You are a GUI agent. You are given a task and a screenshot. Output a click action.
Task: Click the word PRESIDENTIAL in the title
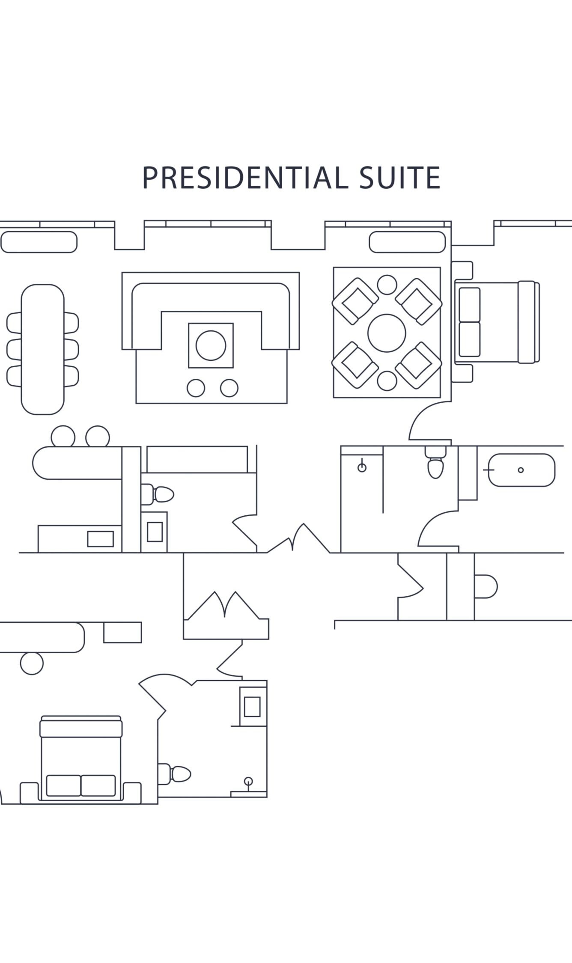tap(243, 178)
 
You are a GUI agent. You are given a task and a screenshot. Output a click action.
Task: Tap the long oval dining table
tap(42, 349)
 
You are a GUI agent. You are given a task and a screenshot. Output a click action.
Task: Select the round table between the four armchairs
tap(387, 333)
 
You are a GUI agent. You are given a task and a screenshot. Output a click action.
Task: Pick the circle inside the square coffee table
tap(211, 345)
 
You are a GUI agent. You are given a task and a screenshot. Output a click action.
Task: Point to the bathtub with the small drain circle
tap(521, 470)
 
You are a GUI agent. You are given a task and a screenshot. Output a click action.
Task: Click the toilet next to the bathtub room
tap(435, 462)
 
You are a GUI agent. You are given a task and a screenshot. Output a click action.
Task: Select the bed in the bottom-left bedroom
tap(81, 758)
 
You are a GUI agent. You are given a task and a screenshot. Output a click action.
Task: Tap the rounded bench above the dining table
tap(39, 242)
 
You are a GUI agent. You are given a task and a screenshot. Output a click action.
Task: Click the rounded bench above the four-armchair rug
tap(407, 242)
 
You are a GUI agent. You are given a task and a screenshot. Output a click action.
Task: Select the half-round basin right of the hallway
tap(486, 586)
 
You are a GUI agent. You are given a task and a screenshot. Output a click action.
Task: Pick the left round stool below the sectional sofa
tap(196, 388)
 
